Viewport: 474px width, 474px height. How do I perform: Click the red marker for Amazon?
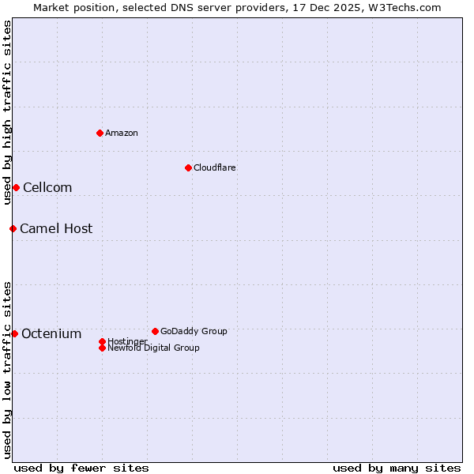click(x=100, y=133)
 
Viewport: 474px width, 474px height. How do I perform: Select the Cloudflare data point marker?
click(x=188, y=167)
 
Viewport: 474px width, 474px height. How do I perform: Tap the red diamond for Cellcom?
click(x=16, y=187)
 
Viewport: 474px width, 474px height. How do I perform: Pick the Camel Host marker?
click(x=13, y=228)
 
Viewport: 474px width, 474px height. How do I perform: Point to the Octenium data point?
click(x=14, y=333)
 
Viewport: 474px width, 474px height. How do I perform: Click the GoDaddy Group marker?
click(x=155, y=331)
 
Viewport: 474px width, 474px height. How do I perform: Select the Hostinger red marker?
click(x=102, y=341)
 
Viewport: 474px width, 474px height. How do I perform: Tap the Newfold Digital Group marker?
click(x=102, y=348)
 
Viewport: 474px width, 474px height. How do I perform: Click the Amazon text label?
click(x=122, y=133)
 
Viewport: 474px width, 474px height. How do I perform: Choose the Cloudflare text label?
click(x=215, y=167)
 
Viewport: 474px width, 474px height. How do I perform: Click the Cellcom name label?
click(x=47, y=187)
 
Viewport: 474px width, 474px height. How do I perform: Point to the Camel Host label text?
click(x=56, y=228)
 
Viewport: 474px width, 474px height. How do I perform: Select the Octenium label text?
click(x=51, y=333)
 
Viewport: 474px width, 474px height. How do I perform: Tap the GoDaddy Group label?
click(x=194, y=331)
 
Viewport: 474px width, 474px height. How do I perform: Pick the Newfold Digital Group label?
click(x=154, y=348)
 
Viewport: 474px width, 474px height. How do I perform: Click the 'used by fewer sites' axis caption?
click(x=81, y=468)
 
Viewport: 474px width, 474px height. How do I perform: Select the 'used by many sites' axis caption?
click(x=397, y=468)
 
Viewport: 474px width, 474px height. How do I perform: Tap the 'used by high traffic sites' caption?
click(x=7, y=112)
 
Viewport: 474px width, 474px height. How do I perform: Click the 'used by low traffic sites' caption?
click(x=7, y=369)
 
